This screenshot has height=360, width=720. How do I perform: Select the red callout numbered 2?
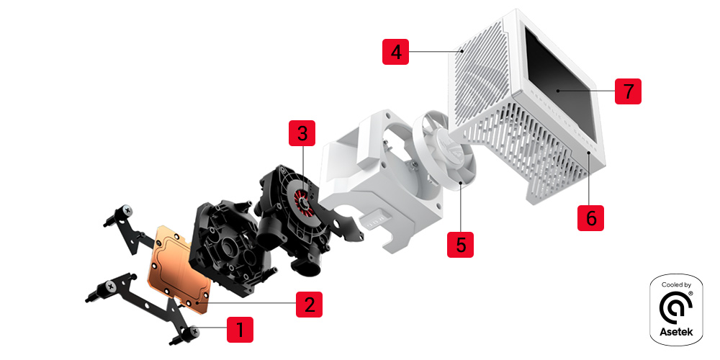pyautogui.click(x=309, y=304)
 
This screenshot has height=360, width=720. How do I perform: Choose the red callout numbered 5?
pyautogui.click(x=461, y=243)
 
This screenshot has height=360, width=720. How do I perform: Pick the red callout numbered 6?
pyautogui.click(x=591, y=217)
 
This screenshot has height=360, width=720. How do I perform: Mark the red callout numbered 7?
pyautogui.click(x=628, y=92)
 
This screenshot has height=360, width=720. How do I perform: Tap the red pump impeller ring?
pyautogui.click(x=303, y=203)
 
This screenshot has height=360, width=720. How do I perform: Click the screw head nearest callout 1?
pyautogui.click(x=194, y=333)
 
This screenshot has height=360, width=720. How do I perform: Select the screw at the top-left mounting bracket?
pyautogui.click(x=128, y=210)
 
